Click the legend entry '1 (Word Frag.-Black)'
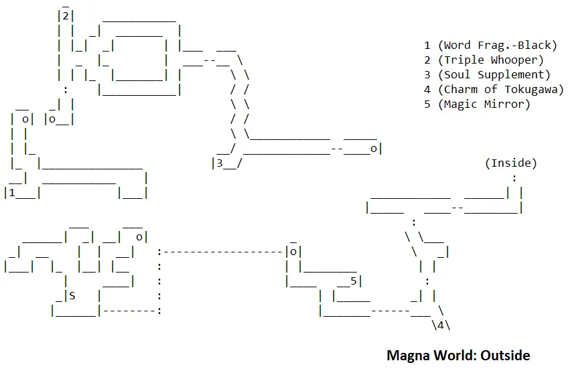490,46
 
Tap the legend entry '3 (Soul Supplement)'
487,75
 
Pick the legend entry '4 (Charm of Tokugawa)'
494,90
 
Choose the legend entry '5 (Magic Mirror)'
477,104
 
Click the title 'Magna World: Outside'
458,355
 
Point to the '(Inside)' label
510,163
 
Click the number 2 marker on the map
66,16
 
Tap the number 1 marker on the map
13,193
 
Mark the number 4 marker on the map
439,325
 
